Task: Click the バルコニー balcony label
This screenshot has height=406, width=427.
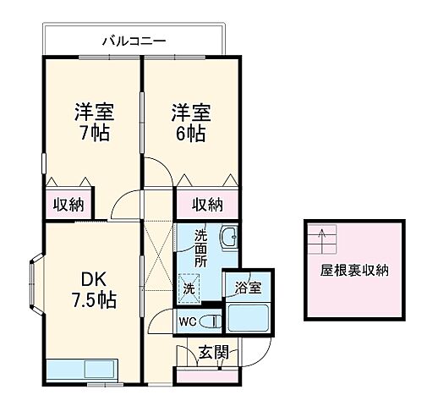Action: click(x=134, y=39)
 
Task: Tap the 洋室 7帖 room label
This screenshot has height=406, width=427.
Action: click(x=94, y=123)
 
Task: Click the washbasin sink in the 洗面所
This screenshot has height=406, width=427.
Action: click(x=228, y=239)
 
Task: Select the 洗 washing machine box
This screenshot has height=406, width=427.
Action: click(x=189, y=288)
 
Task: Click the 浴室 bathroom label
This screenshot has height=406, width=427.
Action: click(x=248, y=287)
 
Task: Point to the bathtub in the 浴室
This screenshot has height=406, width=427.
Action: click(x=248, y=318)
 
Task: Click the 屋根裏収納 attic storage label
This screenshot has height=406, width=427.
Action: click(x=354, y=272)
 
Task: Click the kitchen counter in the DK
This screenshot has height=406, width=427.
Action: click(x=83, y=370)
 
